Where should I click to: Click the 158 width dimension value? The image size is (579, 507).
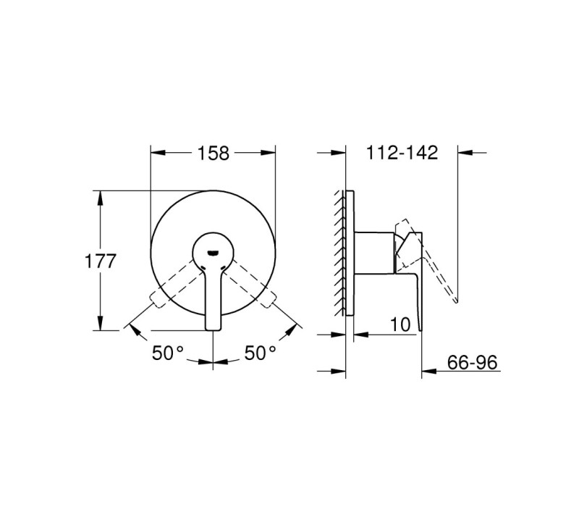(214, 153)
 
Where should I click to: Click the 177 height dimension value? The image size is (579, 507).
(101, 261)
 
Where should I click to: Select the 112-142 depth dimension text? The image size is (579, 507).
(402, 153)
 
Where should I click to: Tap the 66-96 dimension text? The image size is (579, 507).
(473, 363)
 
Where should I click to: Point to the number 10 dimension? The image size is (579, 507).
(400, 324)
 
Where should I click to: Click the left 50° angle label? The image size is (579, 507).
(168, 353)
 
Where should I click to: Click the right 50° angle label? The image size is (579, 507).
(261, 353)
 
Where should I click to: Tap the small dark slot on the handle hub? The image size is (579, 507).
(213, 253)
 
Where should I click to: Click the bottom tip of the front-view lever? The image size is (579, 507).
(213, 330)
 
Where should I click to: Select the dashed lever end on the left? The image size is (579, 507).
(156, 299)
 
